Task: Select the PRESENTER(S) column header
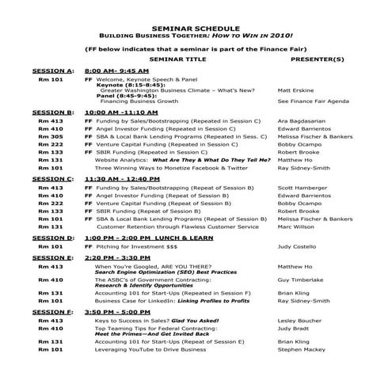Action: tap(317, 59)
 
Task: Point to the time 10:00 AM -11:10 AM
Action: tap(122, 112)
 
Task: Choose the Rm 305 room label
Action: tap(51, 136)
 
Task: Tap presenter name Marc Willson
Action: tap(298, 226)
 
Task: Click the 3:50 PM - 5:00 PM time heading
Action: tap(115, 312)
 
